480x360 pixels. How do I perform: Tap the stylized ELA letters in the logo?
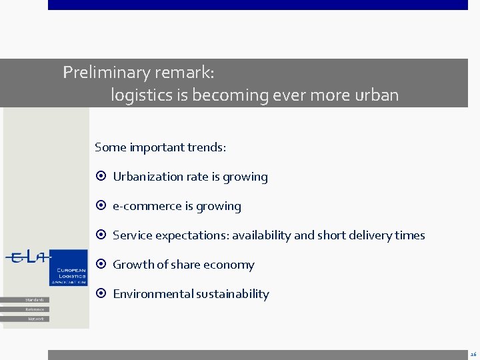pyautogui.click(x=27, y=259)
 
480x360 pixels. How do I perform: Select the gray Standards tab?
pyautogui.click(x=34, y=300)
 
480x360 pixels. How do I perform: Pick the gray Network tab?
pyautogui.click(x=35, y=319)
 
